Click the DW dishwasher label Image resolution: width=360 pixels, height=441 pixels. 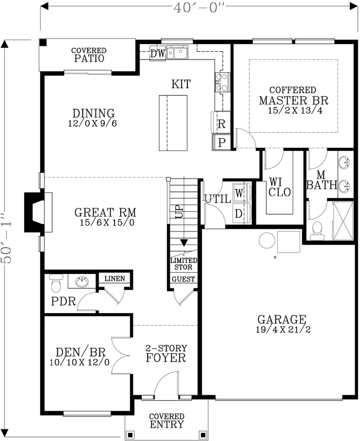coord(157,53)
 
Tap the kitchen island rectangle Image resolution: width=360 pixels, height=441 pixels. coord(173,122)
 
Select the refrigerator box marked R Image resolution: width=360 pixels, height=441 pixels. coord(221,123)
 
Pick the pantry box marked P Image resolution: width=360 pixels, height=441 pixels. coord(222,142)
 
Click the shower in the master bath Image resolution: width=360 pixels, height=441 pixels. coord(344,220)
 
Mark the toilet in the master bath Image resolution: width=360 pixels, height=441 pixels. coord(318,232)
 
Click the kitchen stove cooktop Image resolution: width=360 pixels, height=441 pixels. coord(222,82)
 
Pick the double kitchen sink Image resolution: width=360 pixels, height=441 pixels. coord(179,52)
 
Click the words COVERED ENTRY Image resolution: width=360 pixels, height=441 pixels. coord(166,421)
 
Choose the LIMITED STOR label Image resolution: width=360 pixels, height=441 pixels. coord(183,264)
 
